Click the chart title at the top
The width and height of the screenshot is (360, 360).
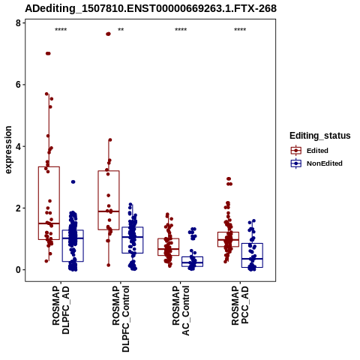tap(151, 8)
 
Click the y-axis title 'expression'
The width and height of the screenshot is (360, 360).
tap(8, 150)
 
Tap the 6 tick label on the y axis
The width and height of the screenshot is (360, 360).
tap(18, 85)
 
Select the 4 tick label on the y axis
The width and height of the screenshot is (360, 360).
tap(18, 146)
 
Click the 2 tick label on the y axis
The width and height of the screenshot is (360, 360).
tap(18, 208)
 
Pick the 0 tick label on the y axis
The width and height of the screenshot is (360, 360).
tap(18, 270)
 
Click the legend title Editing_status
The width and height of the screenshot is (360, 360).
tap(320, 136)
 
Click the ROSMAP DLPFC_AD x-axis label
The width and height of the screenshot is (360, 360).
tap(61, 310)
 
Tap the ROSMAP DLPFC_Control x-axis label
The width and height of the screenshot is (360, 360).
tap(121, 319)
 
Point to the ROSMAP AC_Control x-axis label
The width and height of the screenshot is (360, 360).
tap(181, 310)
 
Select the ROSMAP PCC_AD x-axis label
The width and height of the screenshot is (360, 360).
tap(240, 305)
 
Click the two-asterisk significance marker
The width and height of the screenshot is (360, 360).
tap(121, 30)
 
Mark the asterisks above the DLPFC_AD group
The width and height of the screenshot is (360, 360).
tap(61, 30)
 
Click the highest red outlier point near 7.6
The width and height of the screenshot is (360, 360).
tap(108, 34)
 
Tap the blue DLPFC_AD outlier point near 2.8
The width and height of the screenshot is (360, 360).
tap(73, 181)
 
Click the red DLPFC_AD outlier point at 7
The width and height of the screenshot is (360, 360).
tap(48, 53)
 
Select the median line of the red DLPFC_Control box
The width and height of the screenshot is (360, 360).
tap(109, 211)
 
